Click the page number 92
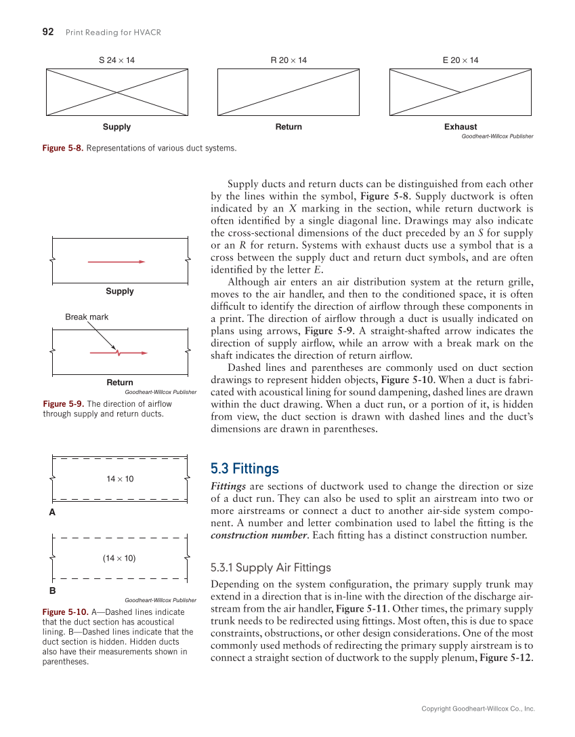[x=48, y=32]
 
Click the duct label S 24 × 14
[x=116, y=60]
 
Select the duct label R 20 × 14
[x=289, y=60]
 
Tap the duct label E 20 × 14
[x=461, y=60]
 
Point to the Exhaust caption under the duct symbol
[x=461, y=127]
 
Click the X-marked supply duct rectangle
[x=117, y=92]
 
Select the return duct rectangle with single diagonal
[x=289, y=92]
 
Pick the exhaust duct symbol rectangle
[x=461, y=92]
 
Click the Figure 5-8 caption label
[x=63, y=148]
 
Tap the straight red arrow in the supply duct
[x=116, y=261]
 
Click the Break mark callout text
[x=87, y=317]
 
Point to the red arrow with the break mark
[x=119, y=353]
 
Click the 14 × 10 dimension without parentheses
[x=120, y=479]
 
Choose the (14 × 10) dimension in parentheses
[x=120, y=558]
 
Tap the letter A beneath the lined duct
[x=51, y=513]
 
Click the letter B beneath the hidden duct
[x=51, y=591]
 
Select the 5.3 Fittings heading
[x=244, y=469]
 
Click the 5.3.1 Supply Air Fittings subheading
[x=271, y=567]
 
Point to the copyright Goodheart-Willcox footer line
[x=477, y=709]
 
